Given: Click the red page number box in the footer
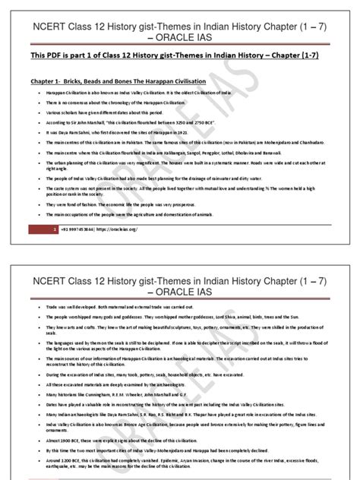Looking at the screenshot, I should point(55,227).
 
